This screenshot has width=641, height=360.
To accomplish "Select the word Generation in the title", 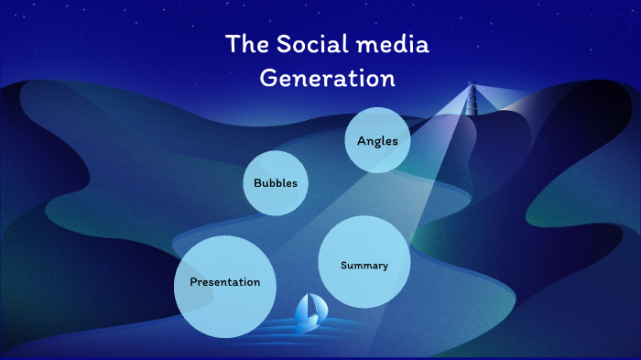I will click(x=327, y=78).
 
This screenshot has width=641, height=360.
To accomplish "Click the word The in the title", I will click(x=244, y=44).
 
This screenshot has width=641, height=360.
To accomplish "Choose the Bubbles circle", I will click(x=275, y=182).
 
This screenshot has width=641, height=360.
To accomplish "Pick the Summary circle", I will click(x=364, y=263).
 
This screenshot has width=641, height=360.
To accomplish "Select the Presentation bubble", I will click(x=225, y=286).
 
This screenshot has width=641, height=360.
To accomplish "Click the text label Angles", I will click(x=377, y=141).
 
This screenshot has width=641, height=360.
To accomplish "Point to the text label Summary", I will click(x=364, y=266).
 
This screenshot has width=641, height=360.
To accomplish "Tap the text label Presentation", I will click(x=225, y=282).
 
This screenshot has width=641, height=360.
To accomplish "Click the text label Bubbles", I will click(x=275, y=183).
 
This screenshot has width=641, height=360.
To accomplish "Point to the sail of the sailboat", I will click(x=312, y=307).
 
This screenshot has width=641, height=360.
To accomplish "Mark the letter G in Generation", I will click(x=268, y=78).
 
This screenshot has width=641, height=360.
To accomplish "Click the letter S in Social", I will click(x=278, y=44).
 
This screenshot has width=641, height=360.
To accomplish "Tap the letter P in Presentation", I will click(x=193, y=282).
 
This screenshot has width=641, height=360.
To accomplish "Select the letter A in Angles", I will click(x=362, y=140).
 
